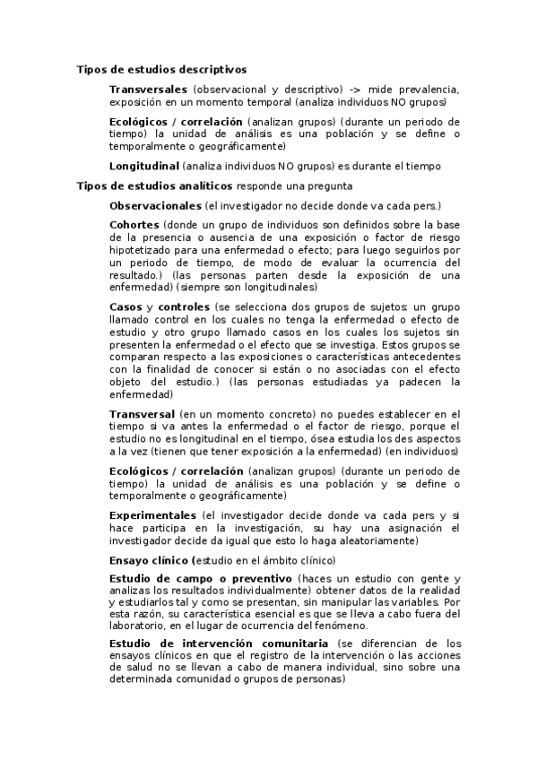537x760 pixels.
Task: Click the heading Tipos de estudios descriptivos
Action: point(162,68)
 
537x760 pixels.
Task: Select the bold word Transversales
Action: point(148,90)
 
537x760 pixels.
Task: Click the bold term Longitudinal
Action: point(143,166)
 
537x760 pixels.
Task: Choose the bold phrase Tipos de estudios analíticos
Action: point(155,186)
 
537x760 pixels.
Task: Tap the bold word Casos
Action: point(126,307)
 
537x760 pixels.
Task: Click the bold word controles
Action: point(184,307)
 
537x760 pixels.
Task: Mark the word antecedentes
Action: point(420,356)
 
